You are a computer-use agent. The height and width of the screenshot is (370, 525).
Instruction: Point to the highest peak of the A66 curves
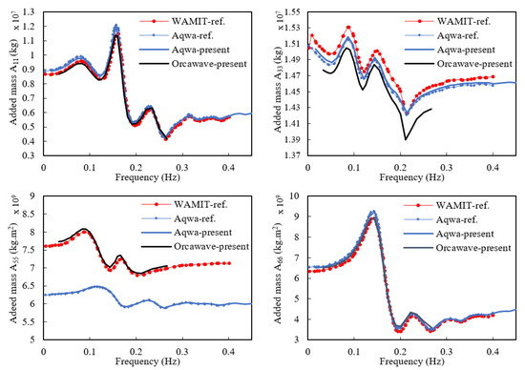point(373,213)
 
